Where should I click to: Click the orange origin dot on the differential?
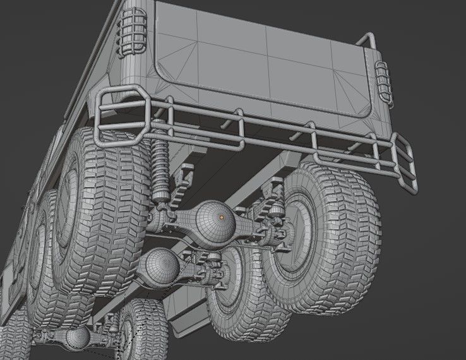coord(222,217)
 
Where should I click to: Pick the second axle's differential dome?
coord(158,264)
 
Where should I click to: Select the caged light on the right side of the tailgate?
coord(384,82)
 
